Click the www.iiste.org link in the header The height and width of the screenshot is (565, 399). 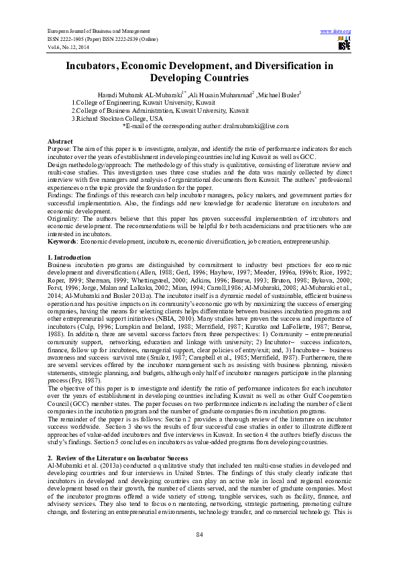coord(336,32)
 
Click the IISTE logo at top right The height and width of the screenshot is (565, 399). coord(344,44)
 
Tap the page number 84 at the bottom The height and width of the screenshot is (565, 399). coord(199,533)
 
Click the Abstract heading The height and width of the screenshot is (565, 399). coord(60,142)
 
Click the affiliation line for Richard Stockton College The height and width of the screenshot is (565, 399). coord(117,118)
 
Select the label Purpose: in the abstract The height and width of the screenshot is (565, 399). coord(60,150)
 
